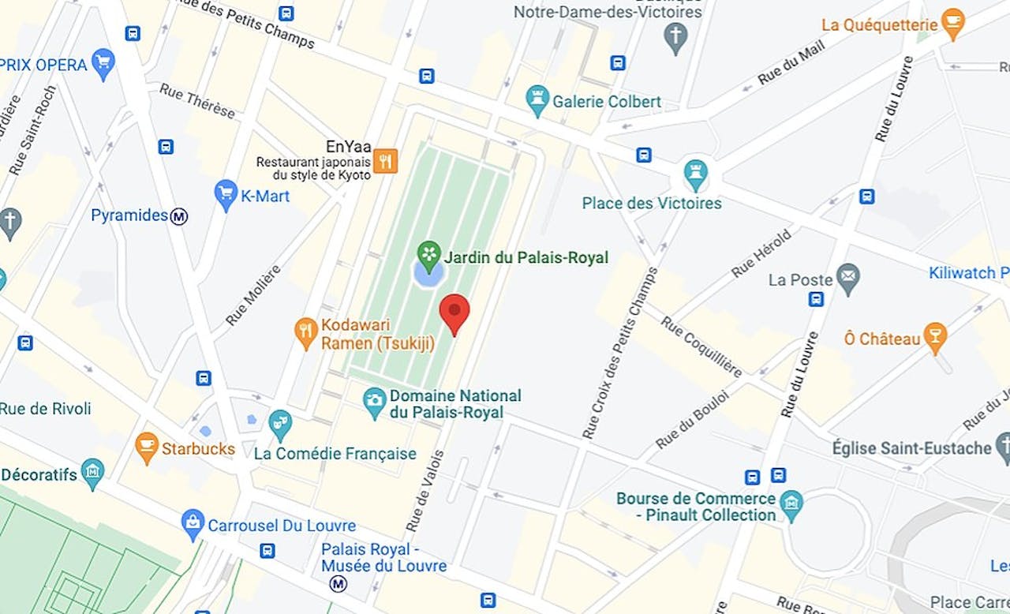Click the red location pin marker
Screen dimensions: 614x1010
454,311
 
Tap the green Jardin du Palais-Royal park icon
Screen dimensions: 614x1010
428,253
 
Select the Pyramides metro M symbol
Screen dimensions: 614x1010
179,215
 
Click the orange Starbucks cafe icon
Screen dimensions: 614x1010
147,446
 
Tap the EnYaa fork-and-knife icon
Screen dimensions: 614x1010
384,160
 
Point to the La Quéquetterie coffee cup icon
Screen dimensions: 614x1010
953,23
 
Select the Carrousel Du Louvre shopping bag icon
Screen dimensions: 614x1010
192,523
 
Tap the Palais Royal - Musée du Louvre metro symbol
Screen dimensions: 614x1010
339,583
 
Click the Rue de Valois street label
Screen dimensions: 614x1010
425,490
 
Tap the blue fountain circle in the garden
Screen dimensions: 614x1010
428,275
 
